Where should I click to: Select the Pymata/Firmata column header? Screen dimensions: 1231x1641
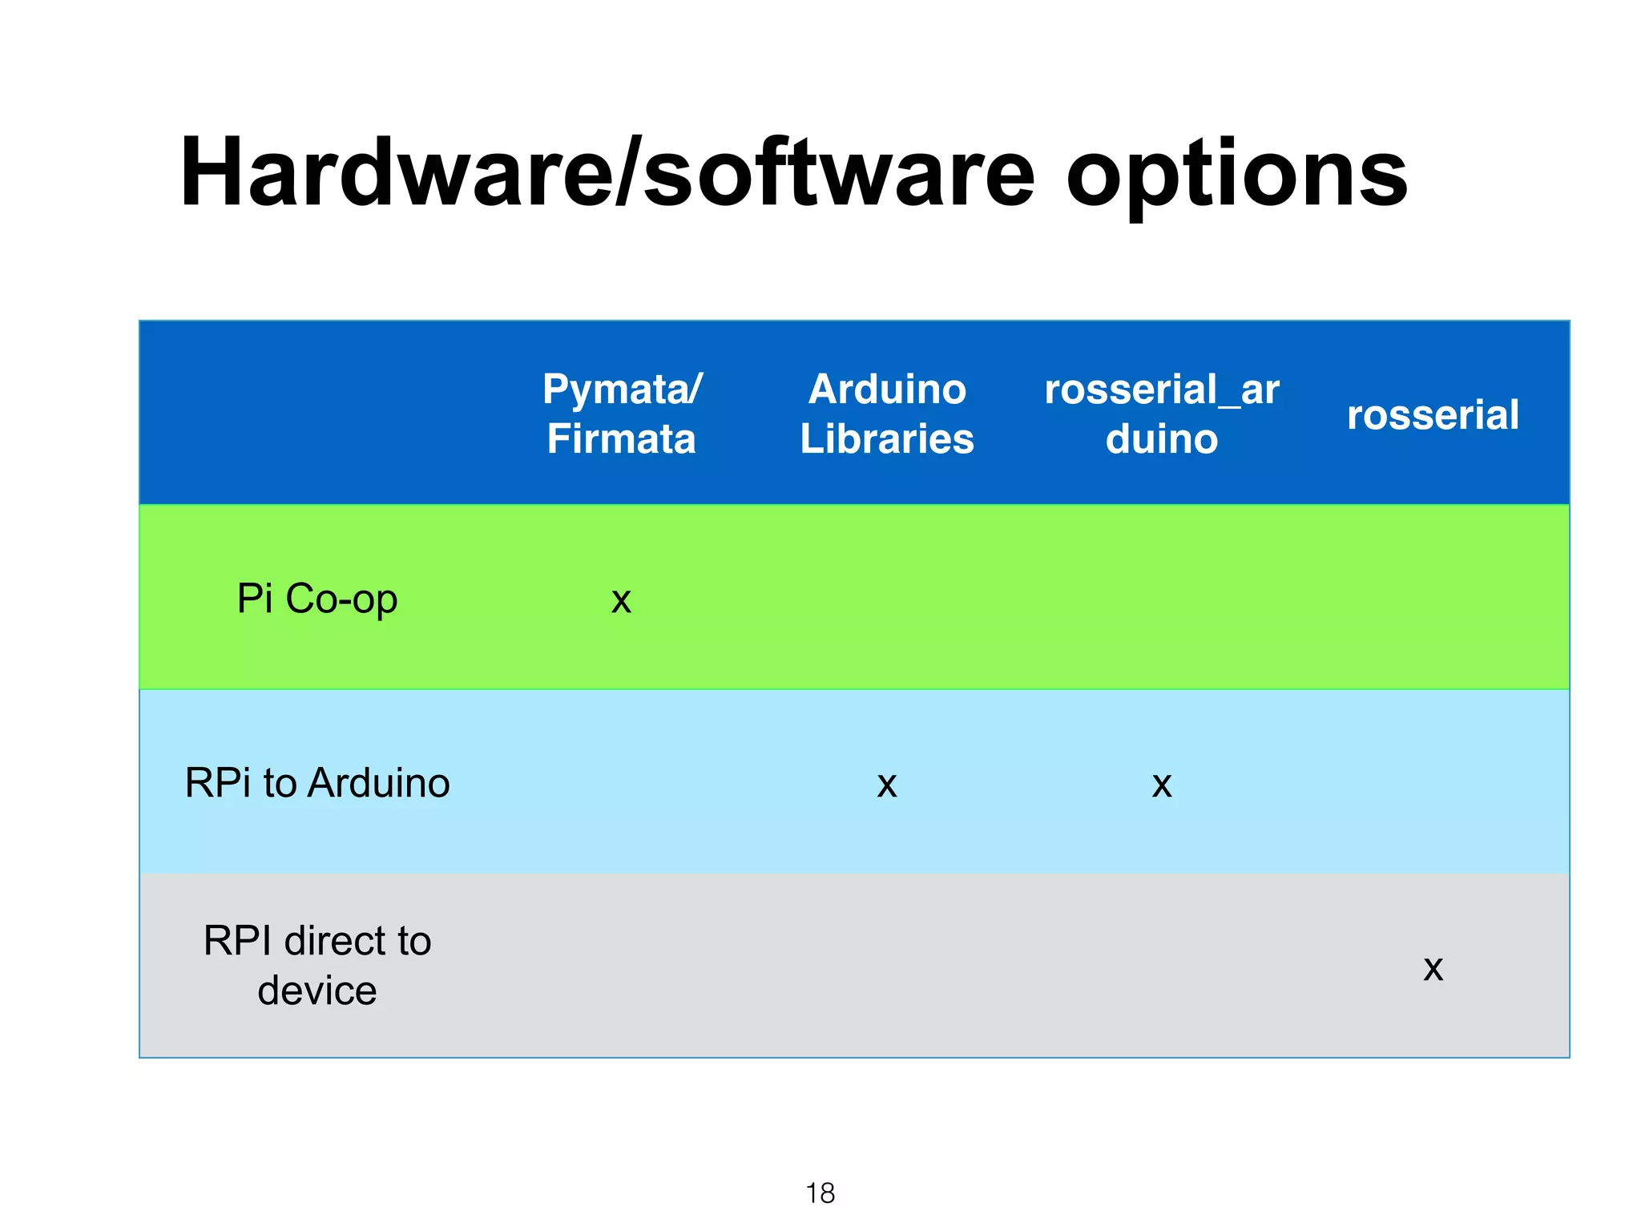[622, 414]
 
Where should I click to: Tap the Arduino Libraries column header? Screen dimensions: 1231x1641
[887, 414]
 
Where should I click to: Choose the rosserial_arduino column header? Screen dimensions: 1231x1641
[1161, 414]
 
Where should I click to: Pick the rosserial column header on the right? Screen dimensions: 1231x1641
[1433, 415]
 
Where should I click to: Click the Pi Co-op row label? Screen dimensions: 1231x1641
[317, 599]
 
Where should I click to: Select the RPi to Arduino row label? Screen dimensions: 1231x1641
[317, 783]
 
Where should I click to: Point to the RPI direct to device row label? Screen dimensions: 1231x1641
[317, 966]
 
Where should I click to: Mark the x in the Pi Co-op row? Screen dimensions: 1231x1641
[622, 601]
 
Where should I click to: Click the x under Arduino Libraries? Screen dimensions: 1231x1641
[887, 785]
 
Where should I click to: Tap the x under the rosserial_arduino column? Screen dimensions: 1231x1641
[1162, 785]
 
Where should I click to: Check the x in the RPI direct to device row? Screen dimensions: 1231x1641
[1433, 969]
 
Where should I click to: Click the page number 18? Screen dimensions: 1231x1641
[820, 1193]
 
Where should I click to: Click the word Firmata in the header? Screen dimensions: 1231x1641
[622, 439]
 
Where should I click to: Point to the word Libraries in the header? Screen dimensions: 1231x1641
[887, 439]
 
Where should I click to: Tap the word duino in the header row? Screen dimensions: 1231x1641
[1162, 439]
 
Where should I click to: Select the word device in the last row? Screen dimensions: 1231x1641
[317, 991]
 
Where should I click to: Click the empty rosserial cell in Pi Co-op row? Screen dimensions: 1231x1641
[1433, 598]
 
